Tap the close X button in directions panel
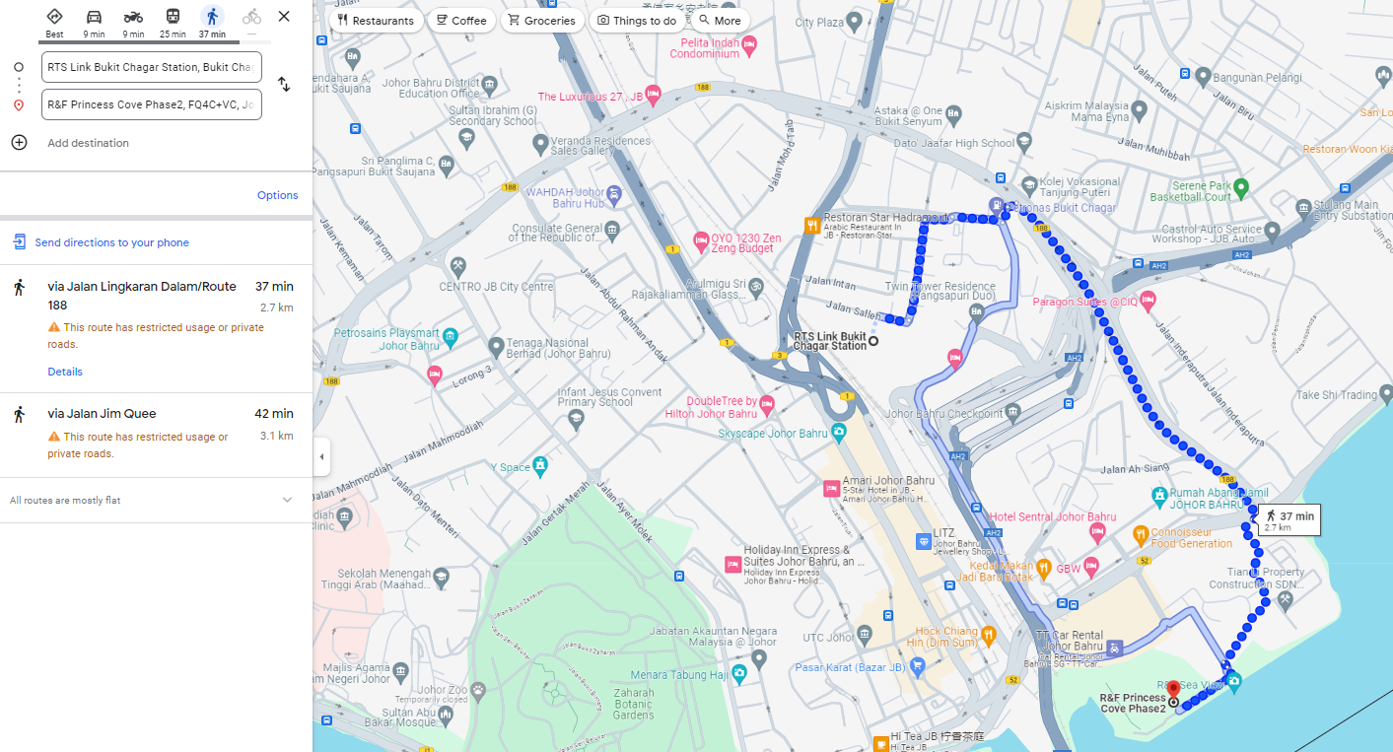(284, 17)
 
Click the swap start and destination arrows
(284, 85)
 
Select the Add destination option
(88, 143)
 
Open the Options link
(277, 195)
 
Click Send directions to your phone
(111, 242)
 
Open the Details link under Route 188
(65, 372)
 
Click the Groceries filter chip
(541, 20)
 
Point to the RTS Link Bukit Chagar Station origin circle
(873, 341)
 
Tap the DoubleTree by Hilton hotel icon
(767, 406)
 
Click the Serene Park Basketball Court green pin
(1241, 186)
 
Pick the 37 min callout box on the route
(1289, 520)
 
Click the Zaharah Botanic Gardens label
(633, 704)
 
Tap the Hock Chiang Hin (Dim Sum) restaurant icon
(988, 632)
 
